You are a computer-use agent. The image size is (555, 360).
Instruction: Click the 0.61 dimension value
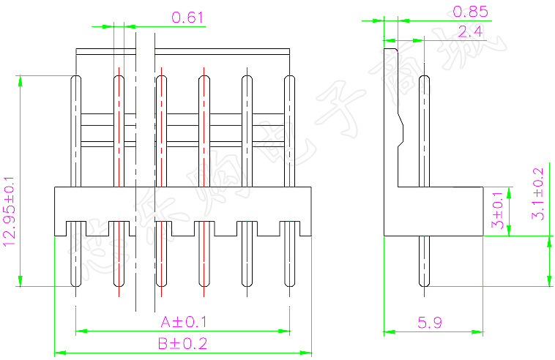(187, 18)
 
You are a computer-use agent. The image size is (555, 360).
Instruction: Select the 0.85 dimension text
(469, 11)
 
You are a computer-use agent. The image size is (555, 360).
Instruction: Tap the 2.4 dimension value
(469, 31)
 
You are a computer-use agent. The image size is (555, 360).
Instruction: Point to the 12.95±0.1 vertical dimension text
(10, 211)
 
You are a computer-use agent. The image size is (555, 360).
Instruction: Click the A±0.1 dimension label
(184, 322)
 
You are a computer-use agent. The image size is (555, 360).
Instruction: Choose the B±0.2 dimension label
(183, 343)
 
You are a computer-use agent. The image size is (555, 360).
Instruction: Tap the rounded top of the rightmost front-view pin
(289, 77)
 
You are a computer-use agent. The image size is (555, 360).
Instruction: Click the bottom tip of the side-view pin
(423, 286)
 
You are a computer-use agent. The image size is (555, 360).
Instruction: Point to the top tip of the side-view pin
(423, 77)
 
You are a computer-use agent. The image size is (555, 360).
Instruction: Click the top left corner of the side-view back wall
(384, 49)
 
